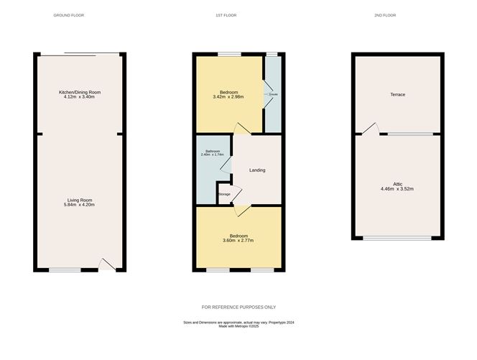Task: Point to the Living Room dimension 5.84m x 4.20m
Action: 80,205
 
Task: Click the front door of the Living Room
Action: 106,266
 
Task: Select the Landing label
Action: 257,170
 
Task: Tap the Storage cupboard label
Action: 224,195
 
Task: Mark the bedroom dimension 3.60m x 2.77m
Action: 239,241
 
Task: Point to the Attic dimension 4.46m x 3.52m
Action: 397,189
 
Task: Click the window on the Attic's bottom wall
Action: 397,239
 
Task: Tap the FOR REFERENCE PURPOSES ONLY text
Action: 239,307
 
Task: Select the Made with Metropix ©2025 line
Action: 239,328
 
